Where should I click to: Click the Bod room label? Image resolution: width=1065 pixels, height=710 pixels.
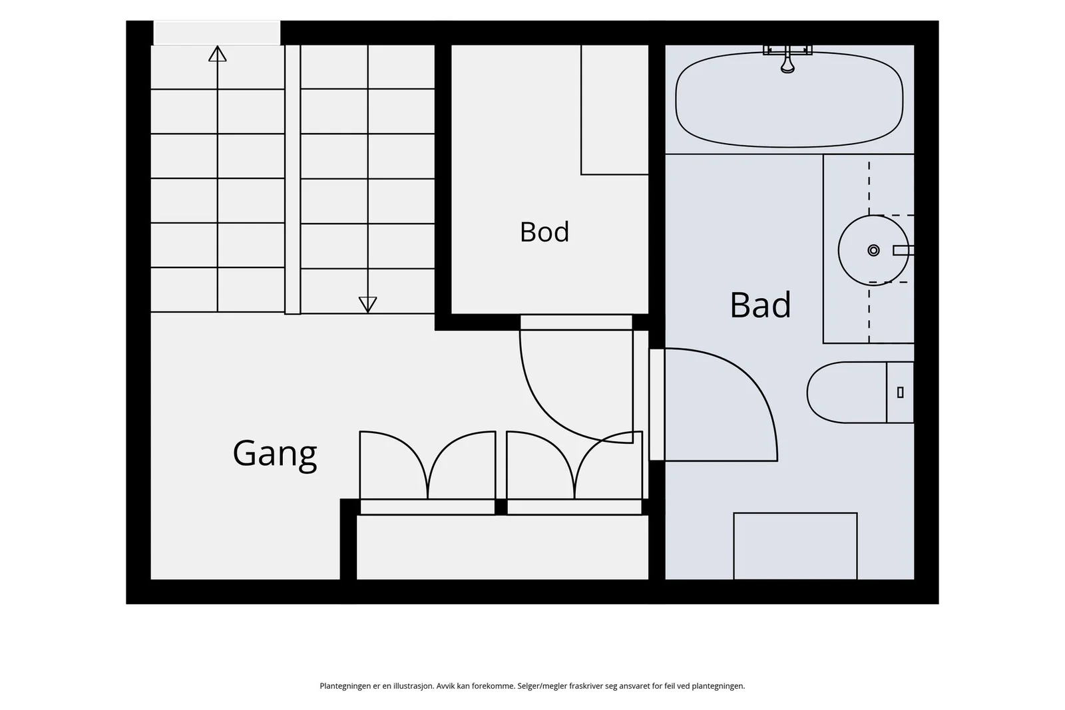(x=544, y=232)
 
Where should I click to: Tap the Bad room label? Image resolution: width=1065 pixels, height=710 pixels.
(x=760, y=305)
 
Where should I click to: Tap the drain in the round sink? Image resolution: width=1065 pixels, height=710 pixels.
(x=873, y=250)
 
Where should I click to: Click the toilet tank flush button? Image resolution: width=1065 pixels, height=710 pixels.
(x=900, y=393)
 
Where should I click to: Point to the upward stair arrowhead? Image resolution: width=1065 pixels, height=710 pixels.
(x=217, y=53)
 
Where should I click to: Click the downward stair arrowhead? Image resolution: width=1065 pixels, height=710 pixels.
(x=367, y=305)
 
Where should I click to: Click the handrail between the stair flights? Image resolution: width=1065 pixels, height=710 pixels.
(x=292, y=180)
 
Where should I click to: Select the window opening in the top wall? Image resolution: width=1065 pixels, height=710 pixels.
(x=217, y=33)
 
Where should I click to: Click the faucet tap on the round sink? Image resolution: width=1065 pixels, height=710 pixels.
(x=903, y=250)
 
